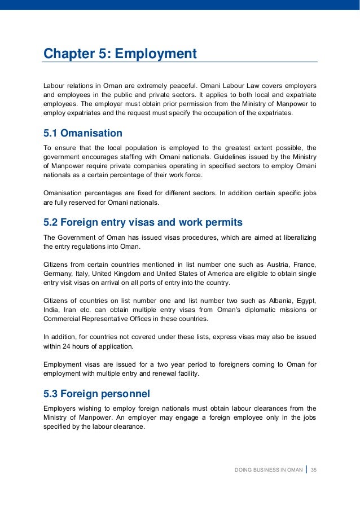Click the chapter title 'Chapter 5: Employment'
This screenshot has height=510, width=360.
120,54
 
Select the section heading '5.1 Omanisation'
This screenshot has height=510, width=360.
82,134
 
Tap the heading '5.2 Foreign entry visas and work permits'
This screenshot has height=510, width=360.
143,223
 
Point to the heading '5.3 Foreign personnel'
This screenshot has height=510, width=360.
96,393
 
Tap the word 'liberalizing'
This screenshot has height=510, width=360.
296,238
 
